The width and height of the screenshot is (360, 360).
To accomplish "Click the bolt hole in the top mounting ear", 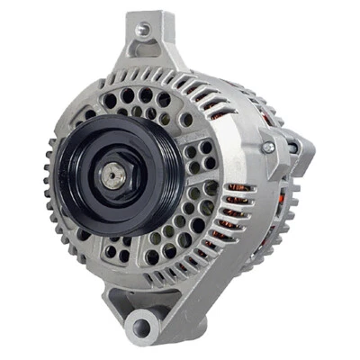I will [x=141, y=29].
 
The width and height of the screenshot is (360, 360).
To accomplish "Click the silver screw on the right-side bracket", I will [x=266, y=147].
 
